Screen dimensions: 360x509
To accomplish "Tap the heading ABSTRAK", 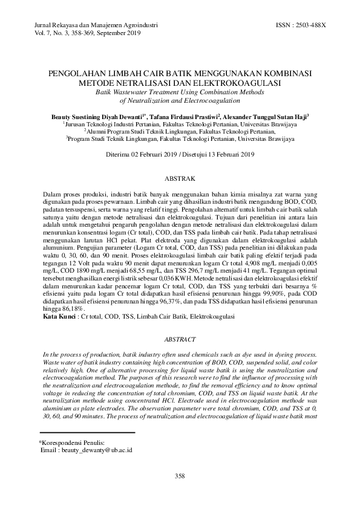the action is [x=180, y=179].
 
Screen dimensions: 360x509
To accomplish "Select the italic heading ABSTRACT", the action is [x=180, y=340].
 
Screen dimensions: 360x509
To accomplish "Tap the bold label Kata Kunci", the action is [x=60, y=316].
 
